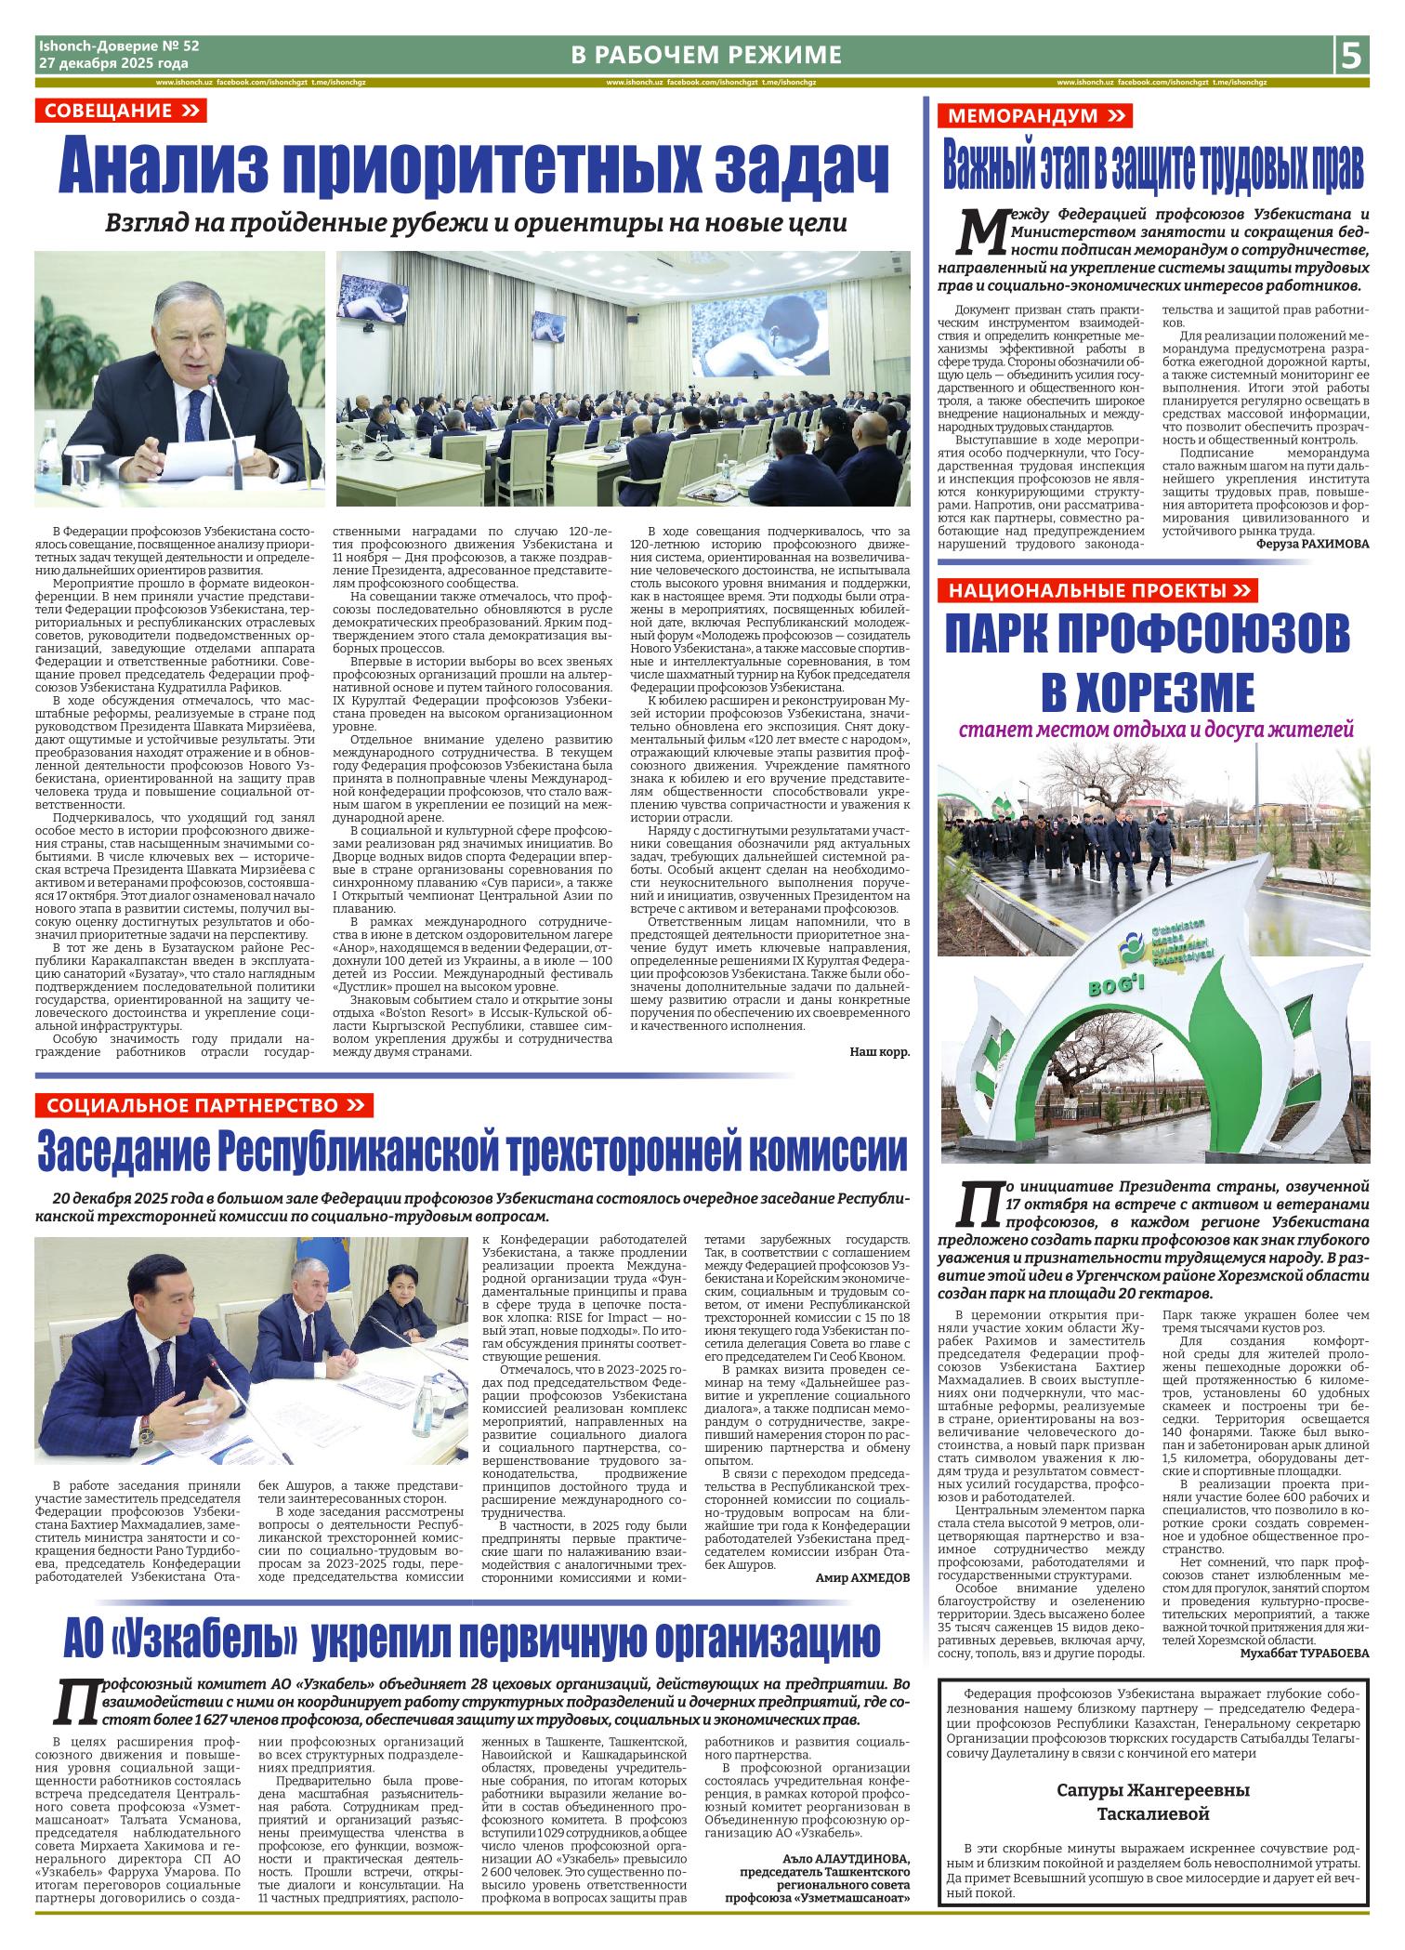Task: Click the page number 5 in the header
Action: pos(1352,56)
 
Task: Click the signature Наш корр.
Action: pos(879,1052)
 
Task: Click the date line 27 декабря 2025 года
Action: pos(112,64)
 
